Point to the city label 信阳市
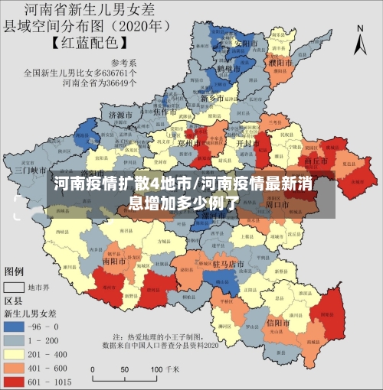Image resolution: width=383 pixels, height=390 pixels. click(x=280, y=323)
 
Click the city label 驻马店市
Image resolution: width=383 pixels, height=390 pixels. click(x=228, y=264)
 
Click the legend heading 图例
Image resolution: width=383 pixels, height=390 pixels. click(x=15, y=271)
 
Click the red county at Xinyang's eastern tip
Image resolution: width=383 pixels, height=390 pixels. click(x=330, y=313)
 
